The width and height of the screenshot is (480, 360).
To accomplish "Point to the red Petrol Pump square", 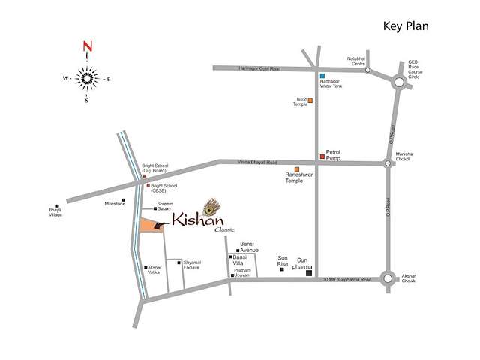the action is pos(322,157).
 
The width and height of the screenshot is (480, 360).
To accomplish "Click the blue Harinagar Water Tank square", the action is pos(321,76).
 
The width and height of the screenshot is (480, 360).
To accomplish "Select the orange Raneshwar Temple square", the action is pos(297,169).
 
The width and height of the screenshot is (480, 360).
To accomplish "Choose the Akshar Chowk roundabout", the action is pos(388,279).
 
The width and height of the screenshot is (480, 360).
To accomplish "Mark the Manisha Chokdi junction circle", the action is pos(387,163).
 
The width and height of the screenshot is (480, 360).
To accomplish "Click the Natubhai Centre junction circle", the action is pos(367,70).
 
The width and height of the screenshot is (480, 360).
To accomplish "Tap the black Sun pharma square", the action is pos(308,274).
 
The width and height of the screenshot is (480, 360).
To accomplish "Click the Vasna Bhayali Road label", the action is pos(257,163).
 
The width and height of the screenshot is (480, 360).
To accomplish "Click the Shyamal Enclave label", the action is pos(195,265).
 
